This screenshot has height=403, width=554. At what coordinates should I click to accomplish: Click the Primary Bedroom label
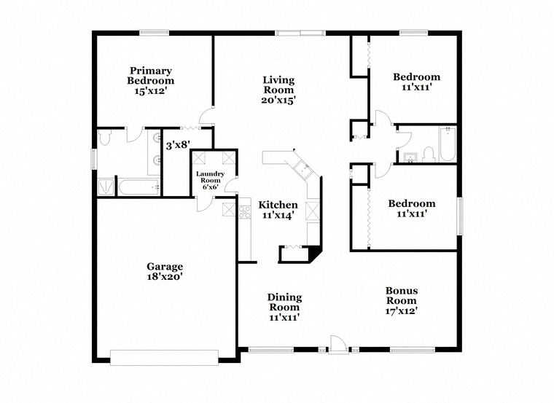pos(151,76)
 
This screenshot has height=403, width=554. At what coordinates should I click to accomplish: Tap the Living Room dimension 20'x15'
pos(278,101)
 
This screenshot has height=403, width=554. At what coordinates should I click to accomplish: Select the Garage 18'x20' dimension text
pos(165,276)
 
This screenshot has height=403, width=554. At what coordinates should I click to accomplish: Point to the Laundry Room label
pos(210,177)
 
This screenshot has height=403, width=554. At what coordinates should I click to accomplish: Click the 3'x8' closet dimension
pos(178,144)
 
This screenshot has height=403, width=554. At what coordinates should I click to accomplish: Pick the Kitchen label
pos(278,205)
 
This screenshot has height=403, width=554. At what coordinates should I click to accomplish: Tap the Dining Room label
pos(285,302)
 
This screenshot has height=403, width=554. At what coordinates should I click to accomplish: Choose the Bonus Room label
pos(402,296)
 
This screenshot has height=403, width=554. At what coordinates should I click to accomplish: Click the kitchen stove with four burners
pos(244,212)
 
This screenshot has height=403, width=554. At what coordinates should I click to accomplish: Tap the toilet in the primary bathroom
pos(104,138)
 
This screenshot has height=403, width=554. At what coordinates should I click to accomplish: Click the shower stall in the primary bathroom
pos(106,187)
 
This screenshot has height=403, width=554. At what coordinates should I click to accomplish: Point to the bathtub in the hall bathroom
pos(448,144)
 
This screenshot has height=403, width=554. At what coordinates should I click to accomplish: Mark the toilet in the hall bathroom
pos(428,155)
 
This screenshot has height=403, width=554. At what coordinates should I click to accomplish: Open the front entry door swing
pos(336,345)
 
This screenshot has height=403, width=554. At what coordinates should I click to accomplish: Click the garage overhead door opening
pos(164,357)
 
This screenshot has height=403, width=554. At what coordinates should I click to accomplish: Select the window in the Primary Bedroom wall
pos(154,33)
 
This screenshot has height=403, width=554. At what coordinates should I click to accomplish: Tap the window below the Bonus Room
pos(413,350)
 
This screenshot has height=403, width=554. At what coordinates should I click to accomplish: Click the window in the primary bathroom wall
pos(94,159)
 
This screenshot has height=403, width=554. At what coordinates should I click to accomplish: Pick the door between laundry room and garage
pos(205,204)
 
